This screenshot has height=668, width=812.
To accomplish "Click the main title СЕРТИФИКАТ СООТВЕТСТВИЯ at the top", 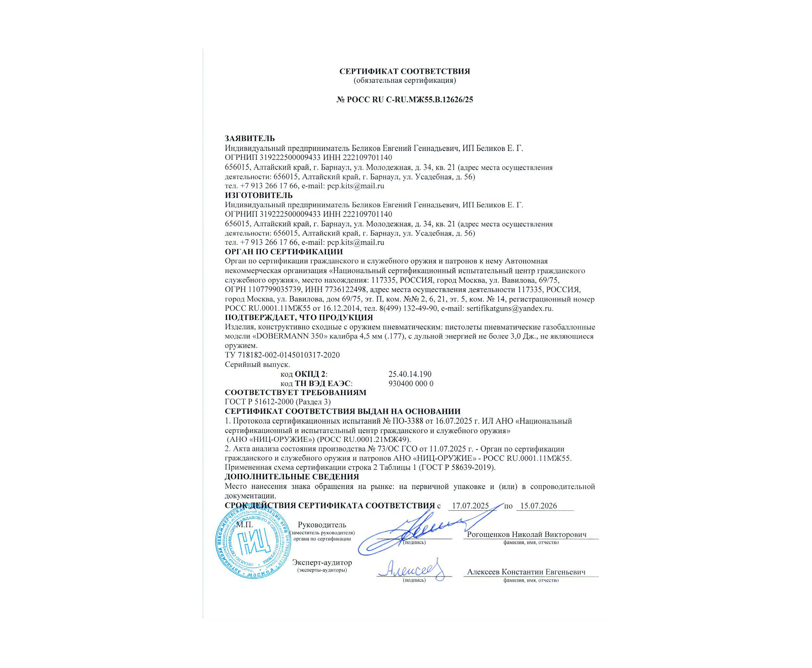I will pos(404,71).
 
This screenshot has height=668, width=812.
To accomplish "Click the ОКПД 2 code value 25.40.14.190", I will pos(410,374).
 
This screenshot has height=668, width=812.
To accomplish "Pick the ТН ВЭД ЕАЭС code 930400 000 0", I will pos(411,384).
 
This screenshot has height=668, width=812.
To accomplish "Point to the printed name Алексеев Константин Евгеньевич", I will pos(526,572).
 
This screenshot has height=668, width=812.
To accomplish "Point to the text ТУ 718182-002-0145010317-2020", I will pos(282,355).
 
